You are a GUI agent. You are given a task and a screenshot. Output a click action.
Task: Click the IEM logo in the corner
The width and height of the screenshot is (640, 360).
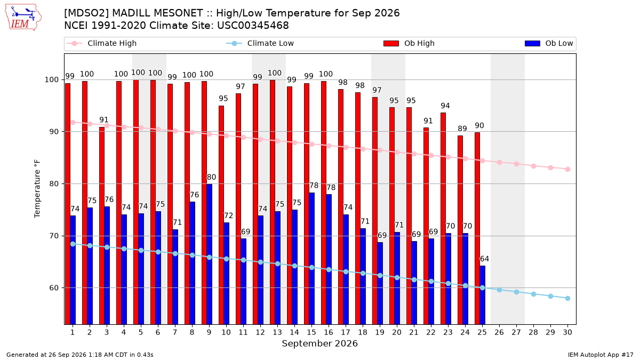click(x=23, y=17)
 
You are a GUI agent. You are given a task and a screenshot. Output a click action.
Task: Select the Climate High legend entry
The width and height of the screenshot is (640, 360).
click(x=102, y=43)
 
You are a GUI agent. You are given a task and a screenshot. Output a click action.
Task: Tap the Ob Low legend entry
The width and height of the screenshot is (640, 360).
click(x=549, y=43)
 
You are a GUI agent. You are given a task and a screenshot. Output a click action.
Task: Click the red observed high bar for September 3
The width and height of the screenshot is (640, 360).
click(x=102, y=226)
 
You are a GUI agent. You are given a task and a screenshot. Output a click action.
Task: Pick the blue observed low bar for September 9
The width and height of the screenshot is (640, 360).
click(x=209, y=254)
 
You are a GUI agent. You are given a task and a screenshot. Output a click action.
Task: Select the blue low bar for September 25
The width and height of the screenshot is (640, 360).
click(x=482, y=295)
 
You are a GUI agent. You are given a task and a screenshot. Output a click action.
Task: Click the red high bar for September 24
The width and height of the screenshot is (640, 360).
click(x=460, y=230)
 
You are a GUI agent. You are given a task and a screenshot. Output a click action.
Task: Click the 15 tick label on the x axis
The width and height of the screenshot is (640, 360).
click(x=311, y=332)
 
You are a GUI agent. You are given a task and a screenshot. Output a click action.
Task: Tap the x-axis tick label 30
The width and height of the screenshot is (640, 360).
click(x=567, y=332)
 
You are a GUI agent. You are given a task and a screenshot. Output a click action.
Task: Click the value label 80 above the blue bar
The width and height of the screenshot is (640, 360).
click(x=211, y=177)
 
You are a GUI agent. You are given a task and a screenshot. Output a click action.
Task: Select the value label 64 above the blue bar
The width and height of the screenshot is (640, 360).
click(x=484, y=259)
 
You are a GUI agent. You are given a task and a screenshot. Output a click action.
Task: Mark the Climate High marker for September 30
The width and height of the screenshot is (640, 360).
click(x=567, y=170)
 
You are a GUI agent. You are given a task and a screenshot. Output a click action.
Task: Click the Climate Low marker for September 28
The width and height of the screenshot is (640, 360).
click(x=533, y=294)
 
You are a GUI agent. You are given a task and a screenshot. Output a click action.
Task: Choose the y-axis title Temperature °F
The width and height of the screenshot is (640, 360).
click(x=37, y=189)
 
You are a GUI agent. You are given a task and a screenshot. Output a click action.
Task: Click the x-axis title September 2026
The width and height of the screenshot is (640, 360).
click(x=319, y=343)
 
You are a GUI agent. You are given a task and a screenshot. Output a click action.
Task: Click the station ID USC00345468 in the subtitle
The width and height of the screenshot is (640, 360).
click(x=253, y=26)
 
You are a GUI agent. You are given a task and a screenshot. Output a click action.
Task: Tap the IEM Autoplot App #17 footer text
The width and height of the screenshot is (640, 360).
click(x=601, y=355)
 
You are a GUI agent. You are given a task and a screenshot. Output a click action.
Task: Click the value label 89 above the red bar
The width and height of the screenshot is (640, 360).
click(x=462, y=129)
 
